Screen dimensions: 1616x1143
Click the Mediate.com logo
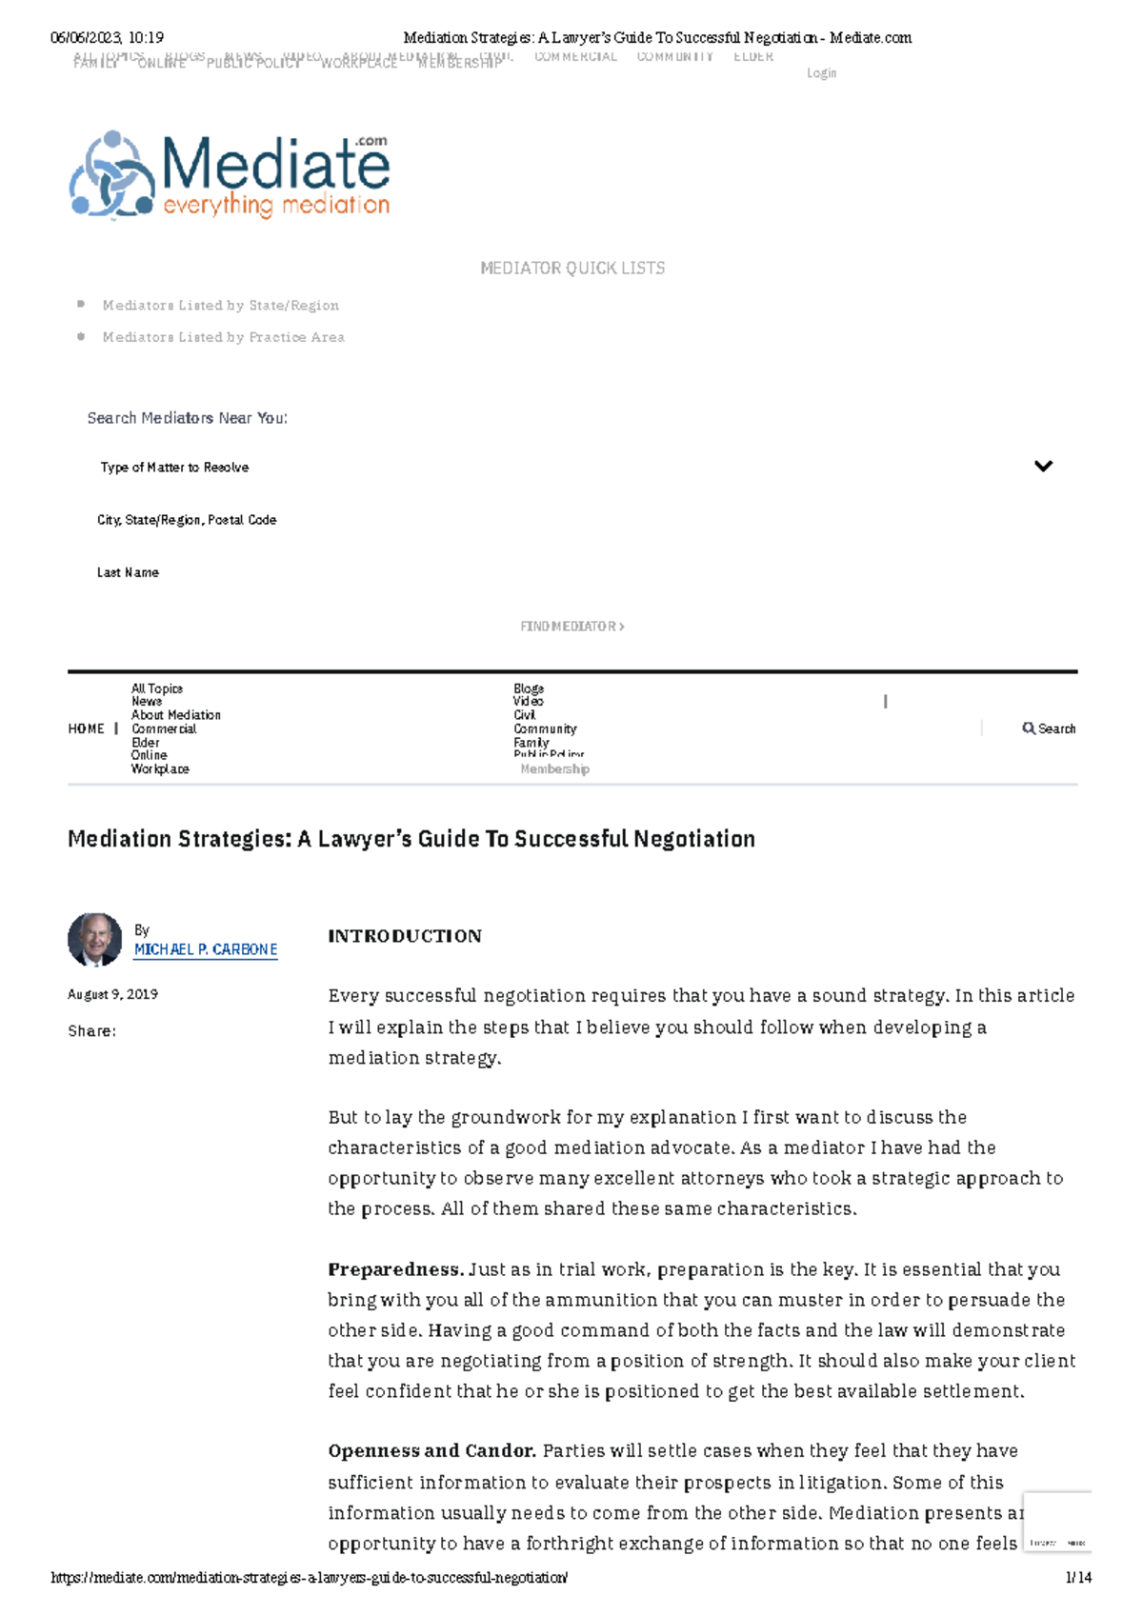tap(230, 174)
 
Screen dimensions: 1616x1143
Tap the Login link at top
tap(821, 73)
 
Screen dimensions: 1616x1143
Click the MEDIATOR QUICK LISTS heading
tap(572, 269)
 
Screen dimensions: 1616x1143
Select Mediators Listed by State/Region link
tap(221, 306)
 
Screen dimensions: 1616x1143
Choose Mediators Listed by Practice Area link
tap(224, 337)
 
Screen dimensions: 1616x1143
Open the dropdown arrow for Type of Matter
tap(1043, 467)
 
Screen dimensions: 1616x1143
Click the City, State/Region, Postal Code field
tap(187, 520)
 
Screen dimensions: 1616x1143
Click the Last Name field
tap(128, 572)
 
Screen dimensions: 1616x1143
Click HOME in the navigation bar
tap(86, 728)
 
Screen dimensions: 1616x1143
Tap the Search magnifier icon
tap(1029, 728)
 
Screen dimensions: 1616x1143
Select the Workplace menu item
tap(160, 769)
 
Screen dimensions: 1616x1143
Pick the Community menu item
tap(545, 728)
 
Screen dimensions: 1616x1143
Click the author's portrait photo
tap(94, 940)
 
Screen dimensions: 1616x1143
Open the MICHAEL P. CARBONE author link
tap(206, 949)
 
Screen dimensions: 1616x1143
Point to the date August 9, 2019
tap(112, 994)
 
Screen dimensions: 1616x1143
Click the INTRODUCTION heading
tap(405, 936)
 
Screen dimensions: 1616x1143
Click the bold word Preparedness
tap(395, 1269)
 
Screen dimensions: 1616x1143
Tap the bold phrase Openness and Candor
tap(431, 1451)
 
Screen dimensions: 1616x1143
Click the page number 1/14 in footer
tap(1078, 1578)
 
